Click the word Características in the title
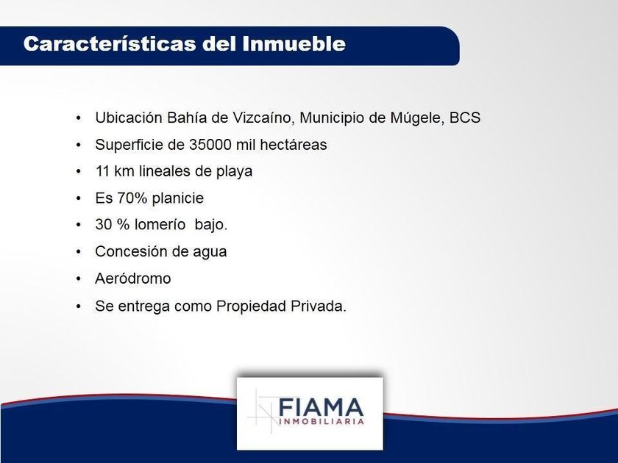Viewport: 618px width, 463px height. (x=110, y=43)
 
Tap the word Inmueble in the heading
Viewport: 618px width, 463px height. (x=294, y=43)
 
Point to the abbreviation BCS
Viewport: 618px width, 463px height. (x=465, y=118)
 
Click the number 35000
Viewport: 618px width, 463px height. (x=210, y=145)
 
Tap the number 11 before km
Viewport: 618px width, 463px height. (x=102, y=171)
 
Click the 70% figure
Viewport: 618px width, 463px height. (x=132, y=198)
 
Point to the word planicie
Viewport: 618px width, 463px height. (x=178, y=198)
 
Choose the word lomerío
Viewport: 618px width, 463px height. (x=160, y=225)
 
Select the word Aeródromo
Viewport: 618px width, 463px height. (x=133, y=279)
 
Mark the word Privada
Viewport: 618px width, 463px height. (x=319, y=306)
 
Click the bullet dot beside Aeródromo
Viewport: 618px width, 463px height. (x=79, y=279)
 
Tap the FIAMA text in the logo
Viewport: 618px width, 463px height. (x=321, y=407)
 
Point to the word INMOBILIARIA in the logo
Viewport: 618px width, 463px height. (x=321, y=422)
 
